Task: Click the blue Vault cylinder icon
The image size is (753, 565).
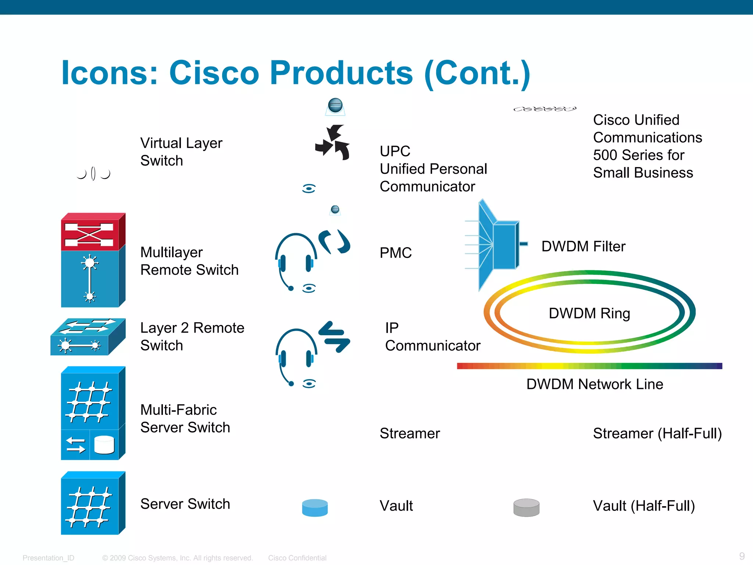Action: tap(315, 508)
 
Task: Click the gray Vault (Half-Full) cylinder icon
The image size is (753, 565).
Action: tap(526, 508)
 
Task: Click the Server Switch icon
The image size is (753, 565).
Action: tap(93, 503)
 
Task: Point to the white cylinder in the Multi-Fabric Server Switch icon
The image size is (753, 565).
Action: tap(104, 445)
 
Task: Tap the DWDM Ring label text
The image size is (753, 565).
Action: tap(589, 313)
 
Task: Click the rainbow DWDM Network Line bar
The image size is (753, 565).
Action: tap(589, 366)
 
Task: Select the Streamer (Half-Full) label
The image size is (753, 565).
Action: tap(657, 433)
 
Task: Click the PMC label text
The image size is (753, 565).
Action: tap(396, 253)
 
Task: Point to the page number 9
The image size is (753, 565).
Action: tap(742, 556)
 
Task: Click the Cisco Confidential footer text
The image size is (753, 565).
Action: tap(297, 558)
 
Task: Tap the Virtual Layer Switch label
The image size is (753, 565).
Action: tap(181, 152)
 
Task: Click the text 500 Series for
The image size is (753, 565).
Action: tap(638, 155)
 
